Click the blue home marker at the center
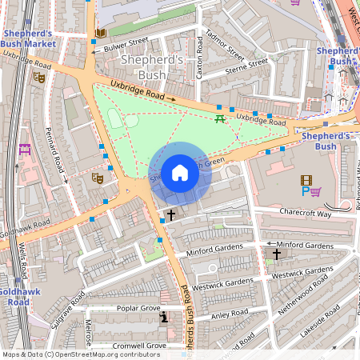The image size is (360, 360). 180,173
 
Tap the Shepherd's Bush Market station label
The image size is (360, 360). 28,38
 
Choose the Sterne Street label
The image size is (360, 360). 246,66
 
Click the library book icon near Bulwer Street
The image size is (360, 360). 100,33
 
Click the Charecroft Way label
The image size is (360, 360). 305,213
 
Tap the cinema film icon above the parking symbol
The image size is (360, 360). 306,181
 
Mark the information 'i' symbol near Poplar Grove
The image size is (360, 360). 163,318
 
